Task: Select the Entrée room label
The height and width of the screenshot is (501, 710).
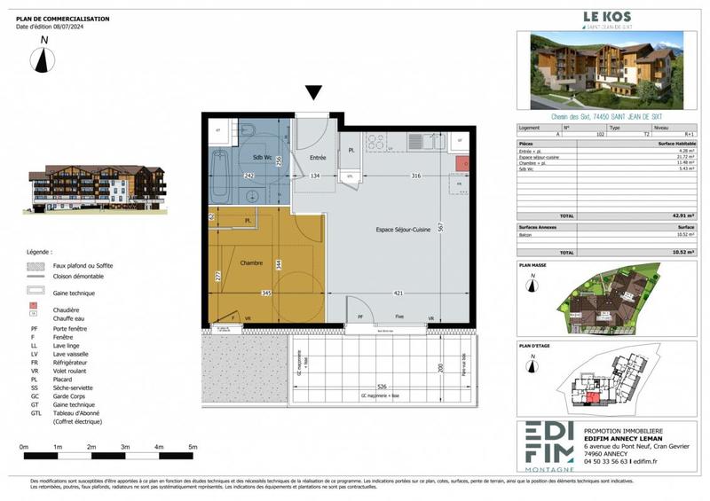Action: pos(317,158)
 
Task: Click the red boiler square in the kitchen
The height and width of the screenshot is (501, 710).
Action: pos(461,163)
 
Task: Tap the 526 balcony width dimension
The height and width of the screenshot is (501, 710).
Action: pos(380,386)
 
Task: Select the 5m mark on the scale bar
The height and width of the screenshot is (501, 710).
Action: pos(193,447)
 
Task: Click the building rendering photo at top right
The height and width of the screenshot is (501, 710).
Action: pos(607,69)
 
